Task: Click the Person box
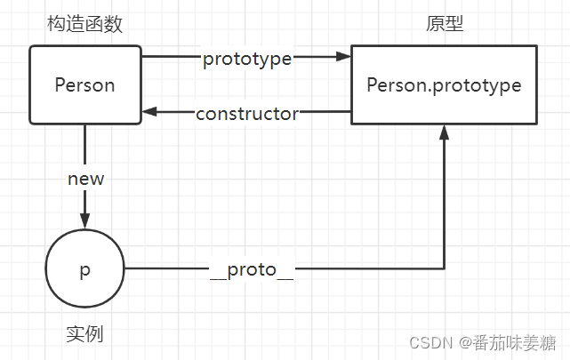[x=85, y=85]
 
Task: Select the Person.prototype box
[x=443, y=85]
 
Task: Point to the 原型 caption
[x=445, y=25]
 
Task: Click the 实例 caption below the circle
[x=84, y=334]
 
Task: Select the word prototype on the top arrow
[x=248, y=59]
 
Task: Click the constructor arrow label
[x=247, y=113]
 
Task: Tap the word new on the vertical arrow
[x=85, y=179]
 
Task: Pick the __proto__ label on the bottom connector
[x=252, y=269]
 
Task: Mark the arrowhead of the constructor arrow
[x=149, y=112]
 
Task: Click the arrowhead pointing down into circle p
[x=85, y=222]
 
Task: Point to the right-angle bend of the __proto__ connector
[x=443, y=268]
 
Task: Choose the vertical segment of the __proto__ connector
[x=443, y=204]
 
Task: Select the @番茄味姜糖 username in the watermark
[x=507, y=341]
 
